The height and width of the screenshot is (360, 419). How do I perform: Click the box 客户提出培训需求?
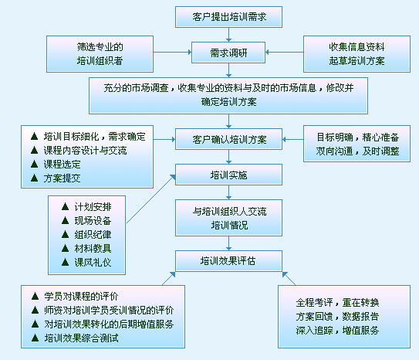tap(228, 17)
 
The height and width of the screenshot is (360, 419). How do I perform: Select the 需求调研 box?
tap(228, 53)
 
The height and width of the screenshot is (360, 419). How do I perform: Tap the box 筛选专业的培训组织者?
tap(100, 54)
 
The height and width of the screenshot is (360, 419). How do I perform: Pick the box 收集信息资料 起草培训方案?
tap(356, 54)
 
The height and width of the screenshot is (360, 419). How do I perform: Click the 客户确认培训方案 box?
tap(228, 139)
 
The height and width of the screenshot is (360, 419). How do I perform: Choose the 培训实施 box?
tap(228, 175)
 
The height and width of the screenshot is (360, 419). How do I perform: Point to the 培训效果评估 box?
tap(228, 261)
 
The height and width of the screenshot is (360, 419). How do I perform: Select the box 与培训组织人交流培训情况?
tap(228, 218)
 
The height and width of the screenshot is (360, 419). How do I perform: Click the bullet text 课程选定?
tap(63, 165)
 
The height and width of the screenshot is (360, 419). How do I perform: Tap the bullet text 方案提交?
tap(63, 178)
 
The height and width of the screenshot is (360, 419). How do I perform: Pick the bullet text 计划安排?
tap(93, 207)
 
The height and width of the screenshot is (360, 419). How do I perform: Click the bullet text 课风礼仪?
tap(93, 263)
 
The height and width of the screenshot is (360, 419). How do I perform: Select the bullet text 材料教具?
tap(93, 249)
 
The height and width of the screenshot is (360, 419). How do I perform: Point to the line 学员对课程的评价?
tap(81, 297)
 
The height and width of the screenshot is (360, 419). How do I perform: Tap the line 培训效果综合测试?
tap(81, 338)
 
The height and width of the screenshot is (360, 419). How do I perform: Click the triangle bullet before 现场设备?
tap(65, 221)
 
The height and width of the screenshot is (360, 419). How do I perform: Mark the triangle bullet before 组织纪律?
tap(65, 235)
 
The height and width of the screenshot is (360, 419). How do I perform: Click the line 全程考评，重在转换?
tap(337, 303)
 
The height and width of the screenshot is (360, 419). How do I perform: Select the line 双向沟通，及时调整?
tap(357, 151)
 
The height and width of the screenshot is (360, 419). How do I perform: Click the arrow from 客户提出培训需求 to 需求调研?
tap(228, 35)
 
